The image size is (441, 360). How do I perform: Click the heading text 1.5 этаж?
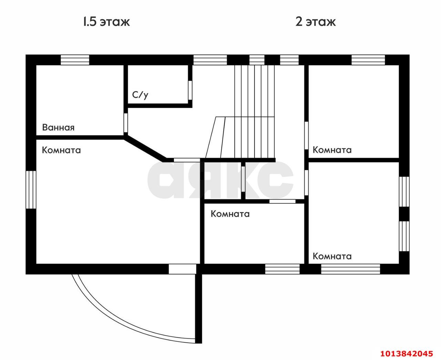pyautogui.click(x=106, y=22)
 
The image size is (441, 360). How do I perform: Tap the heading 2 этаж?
pyautogui.click(x=315, y=22)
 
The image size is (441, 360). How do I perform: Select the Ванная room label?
pyautogui.click(x=58, y=127)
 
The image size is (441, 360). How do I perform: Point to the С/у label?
pyautogui.click(x=140, y=95)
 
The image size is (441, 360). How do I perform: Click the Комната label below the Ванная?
pyautogui.click(x=61, y=150)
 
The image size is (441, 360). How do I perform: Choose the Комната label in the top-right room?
pyautogui.click(x=332, y=150)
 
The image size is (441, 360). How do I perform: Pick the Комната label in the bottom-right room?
pyautogui.click(x=332, y=256)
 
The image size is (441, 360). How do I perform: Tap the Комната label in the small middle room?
pyautogui.click(x=230, y=214)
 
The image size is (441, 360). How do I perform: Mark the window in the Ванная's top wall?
pyautogui.click(x=75, y=60)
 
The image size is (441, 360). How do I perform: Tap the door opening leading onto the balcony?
pyautogui.click(x=182, y=269)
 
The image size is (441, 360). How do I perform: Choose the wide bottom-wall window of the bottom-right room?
pyautogui.click(x=350, y=269)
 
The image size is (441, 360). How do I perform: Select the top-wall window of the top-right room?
pyautogui.click(x=368, y=60)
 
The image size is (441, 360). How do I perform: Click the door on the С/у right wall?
pyautogui.click(x=190, y=90)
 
